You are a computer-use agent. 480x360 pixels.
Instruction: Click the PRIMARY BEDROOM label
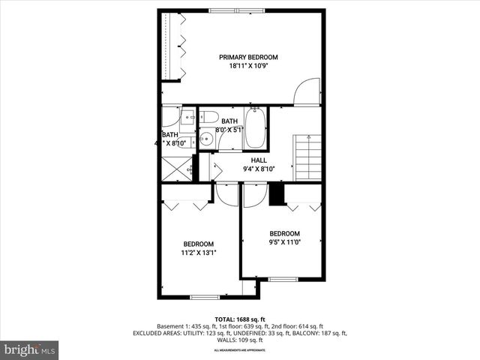(x=248, y=57)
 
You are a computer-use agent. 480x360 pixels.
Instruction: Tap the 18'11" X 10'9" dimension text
(x=248, y=66)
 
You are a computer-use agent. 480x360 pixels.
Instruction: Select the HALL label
(x=259, y=160)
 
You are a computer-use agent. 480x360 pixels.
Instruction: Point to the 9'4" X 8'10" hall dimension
(x=259, y=169)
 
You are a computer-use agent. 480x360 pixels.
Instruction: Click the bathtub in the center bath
(x=256, y=127)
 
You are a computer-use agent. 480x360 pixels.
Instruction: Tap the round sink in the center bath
(x=205, y=139)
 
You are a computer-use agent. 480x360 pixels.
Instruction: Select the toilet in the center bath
(x=208, y=117)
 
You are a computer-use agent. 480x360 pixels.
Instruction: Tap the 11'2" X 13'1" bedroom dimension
(x=199, y=253)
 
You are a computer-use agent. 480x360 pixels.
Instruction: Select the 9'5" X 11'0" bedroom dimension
(x=284, y=242)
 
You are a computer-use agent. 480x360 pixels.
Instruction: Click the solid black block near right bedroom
(x=277, y=193)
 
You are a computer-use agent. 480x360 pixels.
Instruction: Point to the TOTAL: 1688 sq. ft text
(x=239, y=319)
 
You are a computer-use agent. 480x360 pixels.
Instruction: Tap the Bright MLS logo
(x=30, y=349)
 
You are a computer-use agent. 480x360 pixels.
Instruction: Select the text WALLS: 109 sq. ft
(x=239, y=340)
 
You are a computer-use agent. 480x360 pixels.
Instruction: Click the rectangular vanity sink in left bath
(x=184, y=118)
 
